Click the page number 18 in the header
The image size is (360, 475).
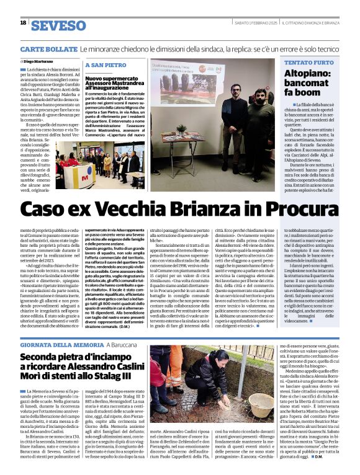23,22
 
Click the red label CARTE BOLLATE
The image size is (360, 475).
40,48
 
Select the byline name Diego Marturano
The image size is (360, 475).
39,61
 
